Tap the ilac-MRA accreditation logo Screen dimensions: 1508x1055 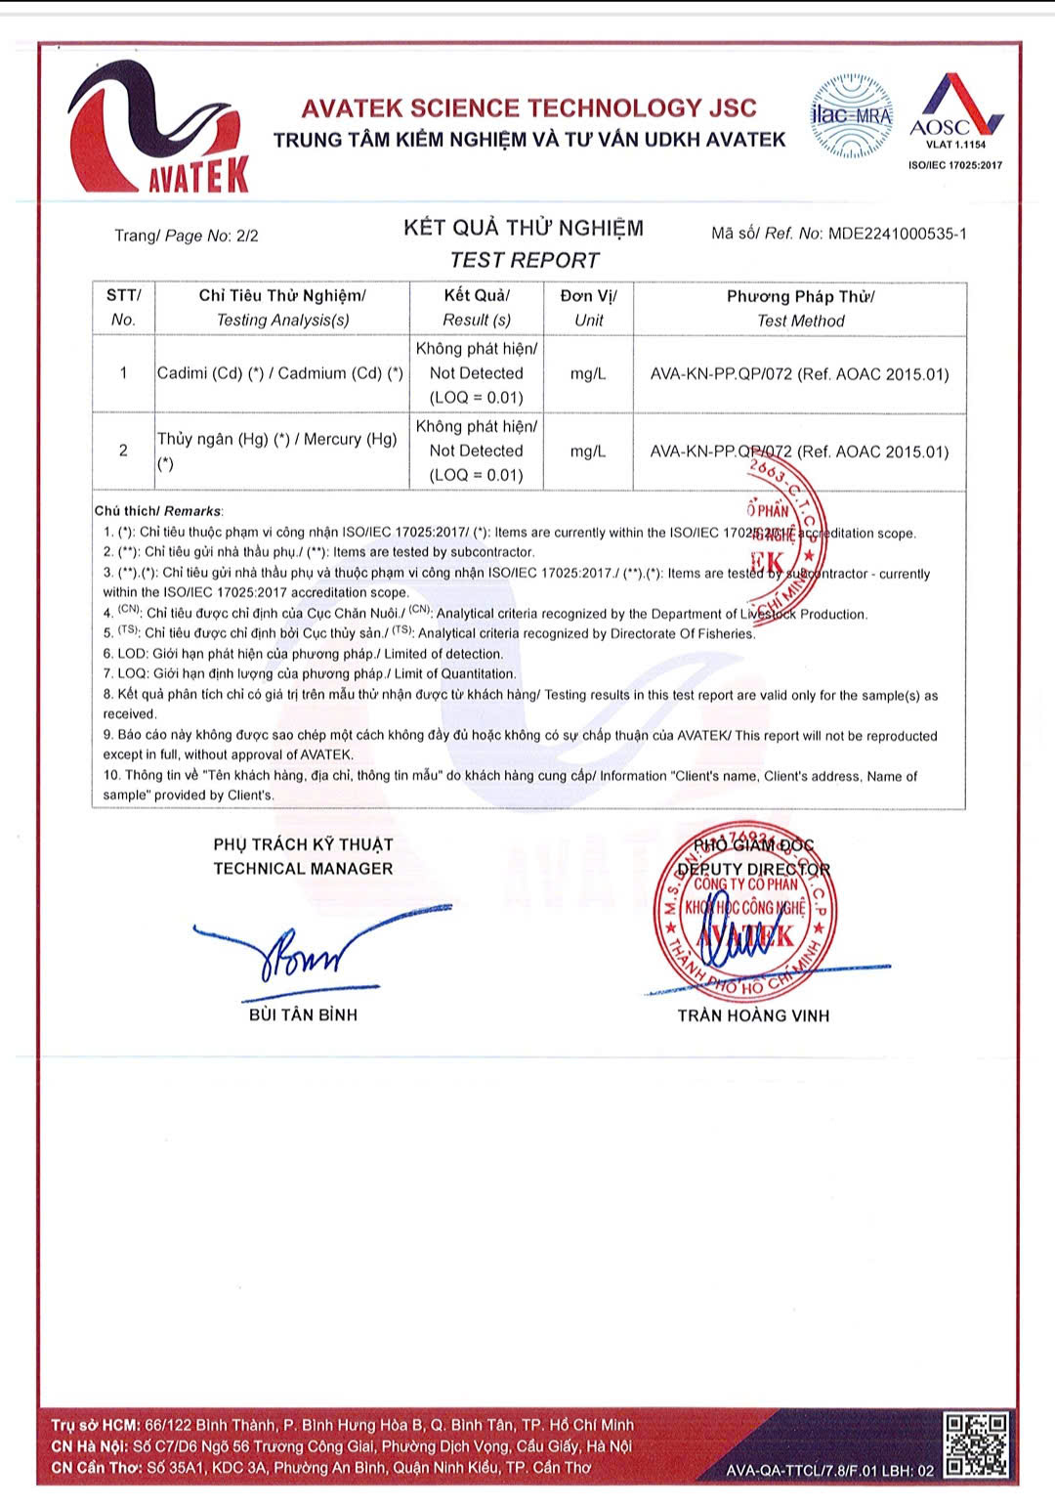[852, 116]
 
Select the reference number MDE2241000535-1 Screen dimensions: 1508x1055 [897, 234]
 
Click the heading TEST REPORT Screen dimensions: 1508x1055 [524, 260]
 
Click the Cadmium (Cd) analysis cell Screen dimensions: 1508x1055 [280, 373]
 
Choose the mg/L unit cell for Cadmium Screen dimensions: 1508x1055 [588, 373]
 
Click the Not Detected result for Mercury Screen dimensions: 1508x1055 [477, 451]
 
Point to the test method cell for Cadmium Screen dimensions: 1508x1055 [799, 373]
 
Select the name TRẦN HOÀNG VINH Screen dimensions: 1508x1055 [753, 1015]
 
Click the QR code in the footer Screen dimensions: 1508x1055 [976, 1443]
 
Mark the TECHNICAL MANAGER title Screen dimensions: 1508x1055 [303, 868]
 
